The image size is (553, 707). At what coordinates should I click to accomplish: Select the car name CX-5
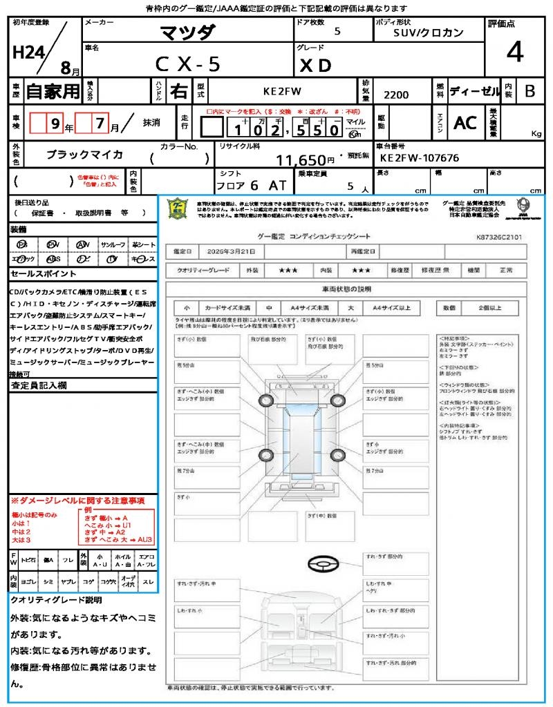click(187, 64)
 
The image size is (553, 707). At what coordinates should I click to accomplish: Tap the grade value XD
click(316, 65)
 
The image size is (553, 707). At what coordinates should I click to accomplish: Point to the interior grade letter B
click(529, 91)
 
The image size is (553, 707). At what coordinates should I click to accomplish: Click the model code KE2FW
click(283, 91)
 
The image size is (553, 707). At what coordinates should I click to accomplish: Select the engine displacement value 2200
click(395, 95)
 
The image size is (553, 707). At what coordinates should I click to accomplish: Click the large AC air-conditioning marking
click(465, 123)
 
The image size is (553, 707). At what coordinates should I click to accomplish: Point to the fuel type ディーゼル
click(474, 91)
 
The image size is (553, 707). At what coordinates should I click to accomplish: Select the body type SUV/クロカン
click(428, 32)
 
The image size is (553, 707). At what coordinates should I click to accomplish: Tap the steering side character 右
click(178, 91)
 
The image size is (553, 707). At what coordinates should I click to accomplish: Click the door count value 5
click(337, 32)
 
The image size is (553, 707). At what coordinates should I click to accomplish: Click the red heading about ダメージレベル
click(77, 500)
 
